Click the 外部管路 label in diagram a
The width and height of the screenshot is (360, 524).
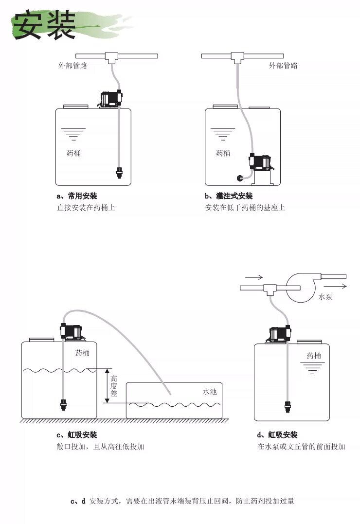click(73, 66)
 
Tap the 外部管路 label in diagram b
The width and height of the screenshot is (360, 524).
click(283, 66)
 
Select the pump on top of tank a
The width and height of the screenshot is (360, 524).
click(110, 99)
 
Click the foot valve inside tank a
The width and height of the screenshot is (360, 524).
click(119, 172)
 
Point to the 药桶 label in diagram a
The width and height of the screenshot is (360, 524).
click(73, 153)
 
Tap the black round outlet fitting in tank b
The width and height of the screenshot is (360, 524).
click(240, 179)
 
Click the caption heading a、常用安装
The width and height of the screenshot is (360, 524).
click(77, 196)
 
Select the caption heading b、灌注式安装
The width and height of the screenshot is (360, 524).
click(229, 196)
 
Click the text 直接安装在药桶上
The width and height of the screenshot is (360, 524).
click(86, 208)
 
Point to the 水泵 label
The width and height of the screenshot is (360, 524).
click(325, 296)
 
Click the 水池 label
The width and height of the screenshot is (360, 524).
click(209, 391)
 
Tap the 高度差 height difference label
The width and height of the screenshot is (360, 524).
click(114, 387)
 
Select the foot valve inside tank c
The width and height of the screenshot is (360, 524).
click(62, 404)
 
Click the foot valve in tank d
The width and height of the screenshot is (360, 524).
click(288, 405)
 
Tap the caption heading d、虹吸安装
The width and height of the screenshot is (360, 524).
click(277, 434)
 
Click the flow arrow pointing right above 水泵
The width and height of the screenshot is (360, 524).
click(253, 277)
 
